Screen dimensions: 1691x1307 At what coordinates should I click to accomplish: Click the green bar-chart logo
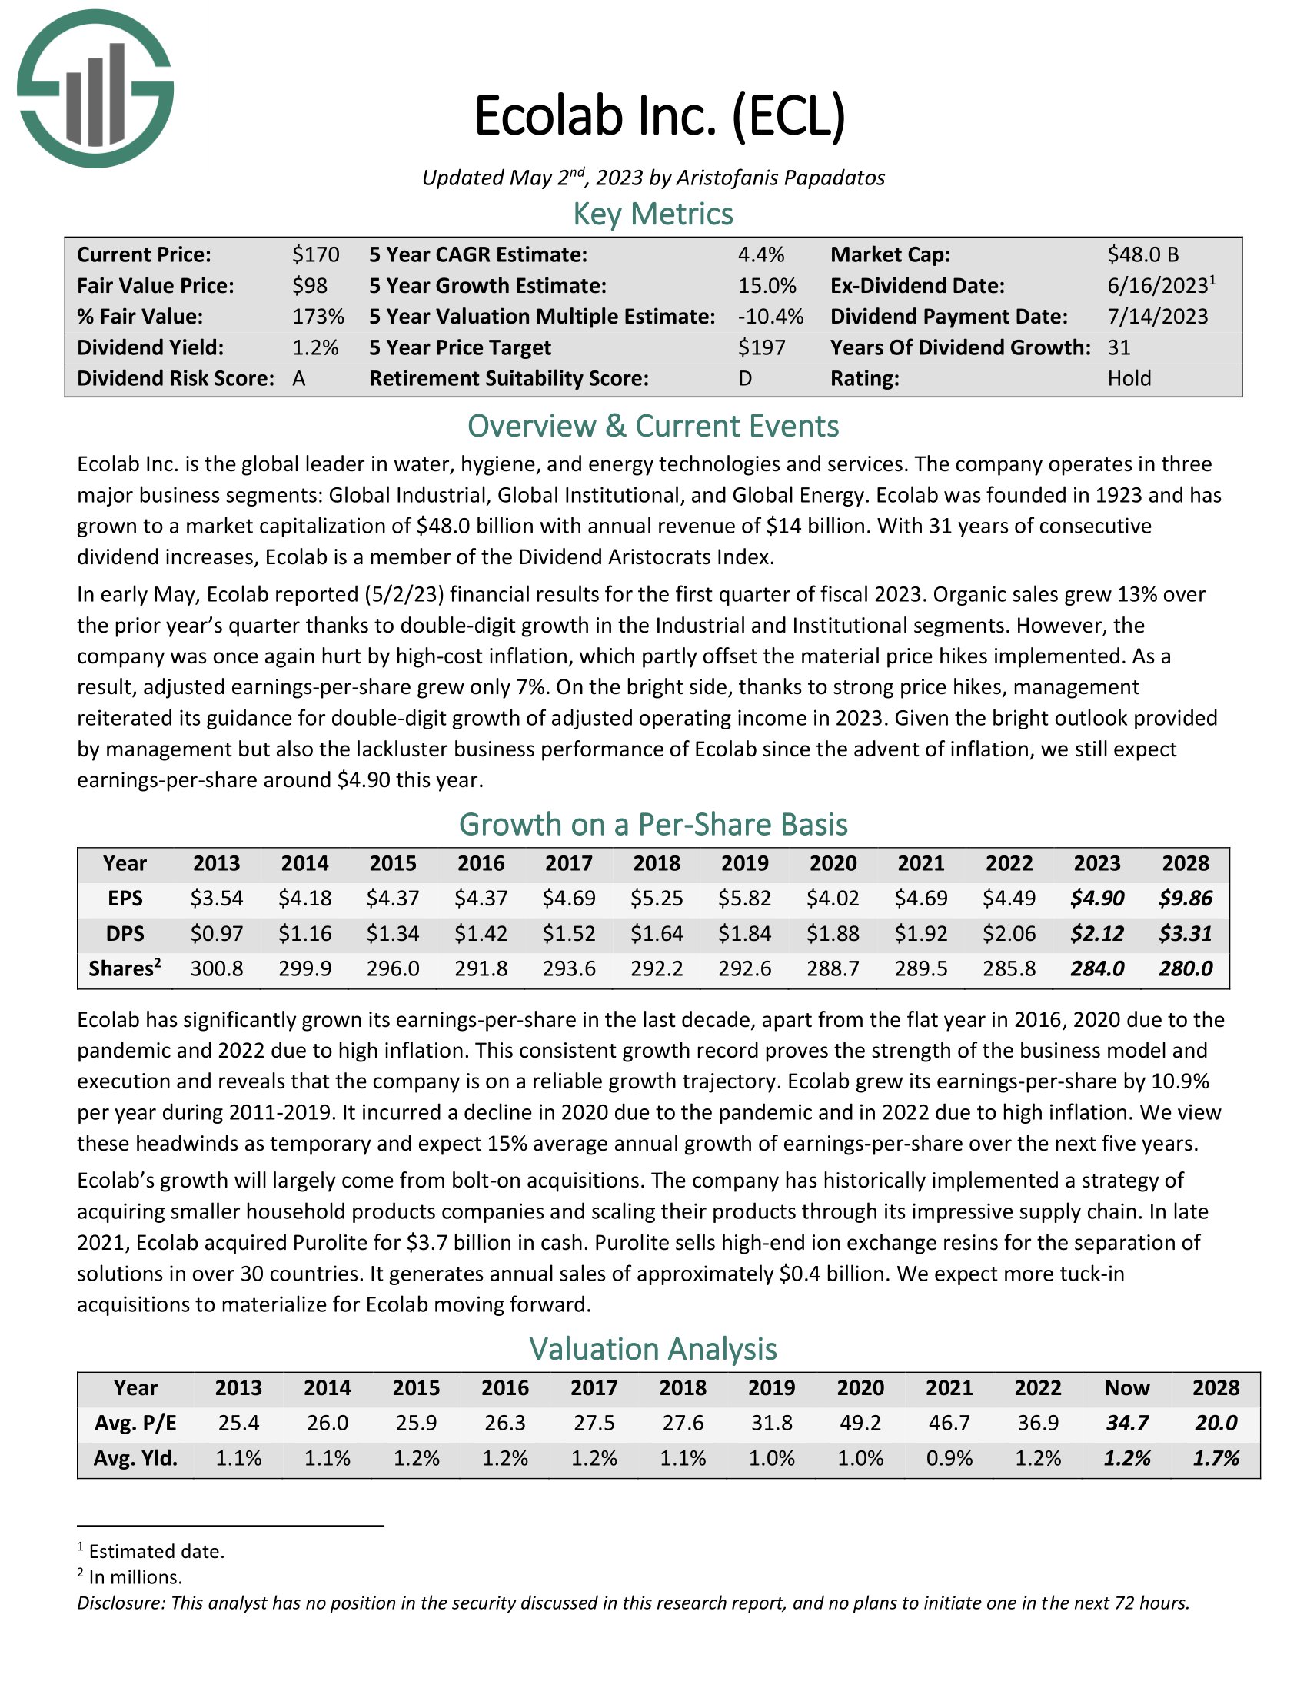[x=95, y=88]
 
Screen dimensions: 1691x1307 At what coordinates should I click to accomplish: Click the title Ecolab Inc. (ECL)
[x=659, y=116]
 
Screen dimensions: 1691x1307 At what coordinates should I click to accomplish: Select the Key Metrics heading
[x=653, y=214]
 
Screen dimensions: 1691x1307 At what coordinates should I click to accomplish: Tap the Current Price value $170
[x=315, y=254]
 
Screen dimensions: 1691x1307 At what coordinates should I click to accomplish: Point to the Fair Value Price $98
[x=309, y=286]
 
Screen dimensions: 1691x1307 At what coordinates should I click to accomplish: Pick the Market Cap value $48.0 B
[x=1142, y=254]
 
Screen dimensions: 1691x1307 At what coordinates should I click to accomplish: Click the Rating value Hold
[x=1129, y=379]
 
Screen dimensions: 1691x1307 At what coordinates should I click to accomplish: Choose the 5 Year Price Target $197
[x=761, y=347]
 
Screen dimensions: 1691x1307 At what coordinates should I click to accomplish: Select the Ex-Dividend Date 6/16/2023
[x=1157, y=286]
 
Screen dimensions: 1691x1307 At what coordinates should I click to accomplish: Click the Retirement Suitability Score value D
[x=745, y=379]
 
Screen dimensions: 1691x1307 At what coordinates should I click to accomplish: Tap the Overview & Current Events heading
[x=653, y=427]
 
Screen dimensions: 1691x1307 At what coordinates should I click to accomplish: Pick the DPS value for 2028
[x=1185, y=934]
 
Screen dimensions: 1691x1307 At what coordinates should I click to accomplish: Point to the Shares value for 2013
[x=217, y=968]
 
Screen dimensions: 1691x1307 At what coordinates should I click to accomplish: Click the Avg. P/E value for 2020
[x=860, y=1423]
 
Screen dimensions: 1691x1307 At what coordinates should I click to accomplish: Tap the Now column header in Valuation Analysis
[x=1126, y=1387]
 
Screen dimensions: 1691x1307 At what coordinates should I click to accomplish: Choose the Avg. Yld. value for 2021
[x=949, y=1459]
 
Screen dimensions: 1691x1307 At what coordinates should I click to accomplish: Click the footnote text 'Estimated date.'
[x=156, y=1551]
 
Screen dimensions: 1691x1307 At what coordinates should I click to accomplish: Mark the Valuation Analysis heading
[x=653, y=1349]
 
